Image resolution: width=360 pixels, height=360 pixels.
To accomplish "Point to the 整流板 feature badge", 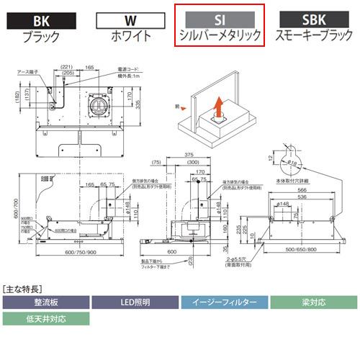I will point(45,302).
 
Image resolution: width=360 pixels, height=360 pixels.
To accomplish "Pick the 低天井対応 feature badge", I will point(45,318).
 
